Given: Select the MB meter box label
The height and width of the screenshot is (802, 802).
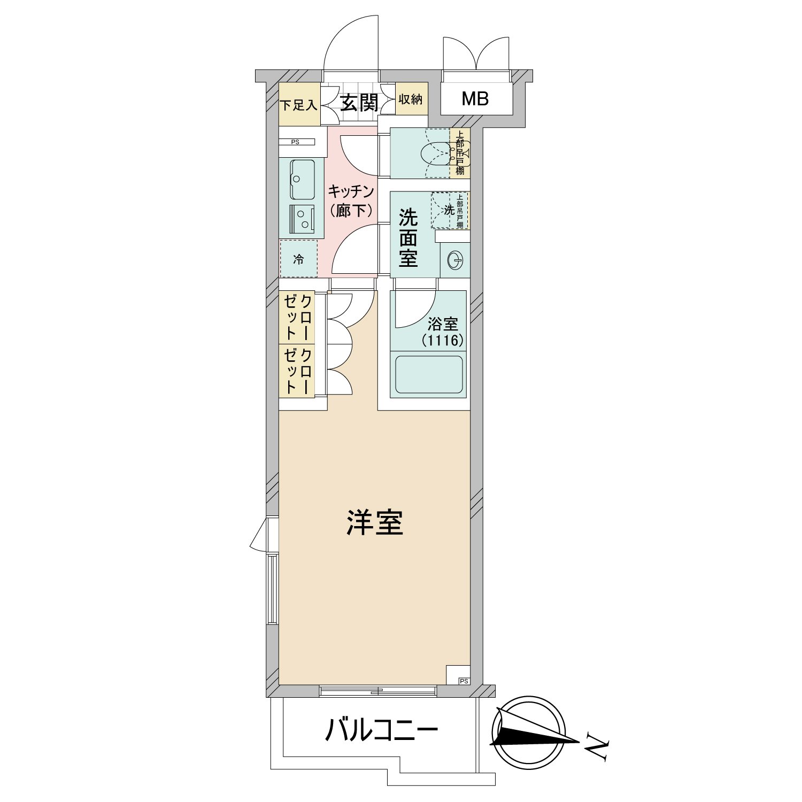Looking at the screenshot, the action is pos(475,99).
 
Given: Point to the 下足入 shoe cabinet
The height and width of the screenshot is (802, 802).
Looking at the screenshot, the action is pos(299,105).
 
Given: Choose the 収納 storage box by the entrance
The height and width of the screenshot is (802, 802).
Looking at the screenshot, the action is pos(411,99).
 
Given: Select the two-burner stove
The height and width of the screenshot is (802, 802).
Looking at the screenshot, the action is pos(302,219).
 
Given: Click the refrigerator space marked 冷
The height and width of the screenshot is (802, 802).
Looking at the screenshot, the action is pos(298,259).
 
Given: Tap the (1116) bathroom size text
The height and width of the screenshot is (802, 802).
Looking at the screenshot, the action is pos(442,340).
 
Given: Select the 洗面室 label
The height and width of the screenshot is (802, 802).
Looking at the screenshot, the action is pos(408,238).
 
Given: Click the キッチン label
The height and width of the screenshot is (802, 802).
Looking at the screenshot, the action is pos(350,191).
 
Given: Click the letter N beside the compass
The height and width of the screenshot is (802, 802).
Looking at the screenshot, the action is pos(597,746).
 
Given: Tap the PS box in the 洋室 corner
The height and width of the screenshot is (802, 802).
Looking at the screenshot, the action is pos(458,675).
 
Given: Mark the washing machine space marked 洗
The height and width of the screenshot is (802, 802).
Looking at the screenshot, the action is pos(450,210).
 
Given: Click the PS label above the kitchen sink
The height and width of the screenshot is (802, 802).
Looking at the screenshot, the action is pos(295,142).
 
